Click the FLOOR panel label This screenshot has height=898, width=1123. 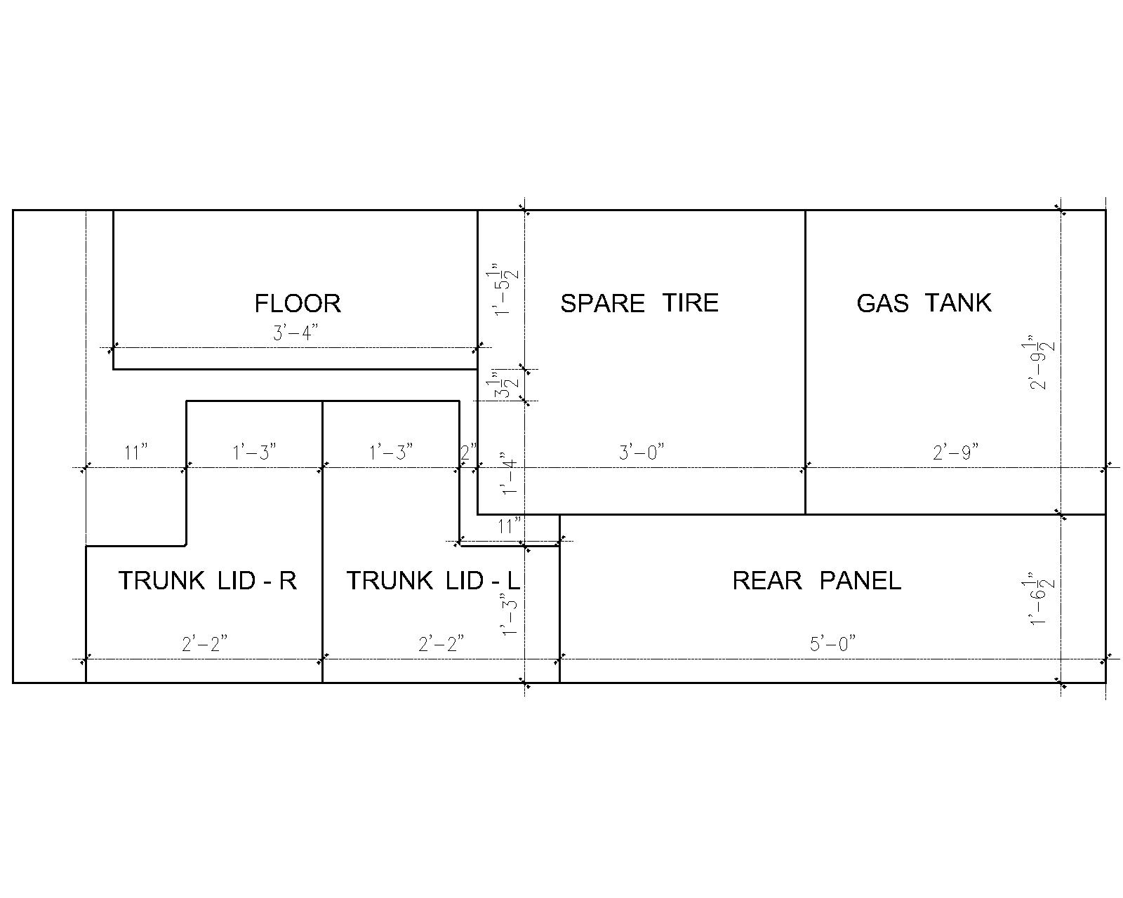click(298, 303)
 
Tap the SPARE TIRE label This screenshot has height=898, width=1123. click(639, 303)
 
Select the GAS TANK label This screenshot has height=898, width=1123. click(924, 303)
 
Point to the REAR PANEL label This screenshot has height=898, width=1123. click(817, 581)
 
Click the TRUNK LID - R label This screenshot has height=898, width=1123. click(208, 581)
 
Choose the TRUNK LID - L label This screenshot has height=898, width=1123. click(433, 581)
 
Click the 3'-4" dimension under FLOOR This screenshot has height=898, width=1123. click(295, 333)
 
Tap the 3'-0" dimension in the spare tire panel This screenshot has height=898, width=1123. click(642, 452)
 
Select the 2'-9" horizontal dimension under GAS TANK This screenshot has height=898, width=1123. click(955, 452)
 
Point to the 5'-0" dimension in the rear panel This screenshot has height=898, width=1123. click(832, 643)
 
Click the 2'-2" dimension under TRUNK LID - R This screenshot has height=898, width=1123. click(204, 643)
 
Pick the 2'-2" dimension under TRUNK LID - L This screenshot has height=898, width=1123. click(441, 643)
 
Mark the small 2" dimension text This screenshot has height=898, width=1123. click(468, 452)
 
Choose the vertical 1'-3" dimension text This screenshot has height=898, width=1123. click(509, 614)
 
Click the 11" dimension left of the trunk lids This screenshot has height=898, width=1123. click(135, 452)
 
